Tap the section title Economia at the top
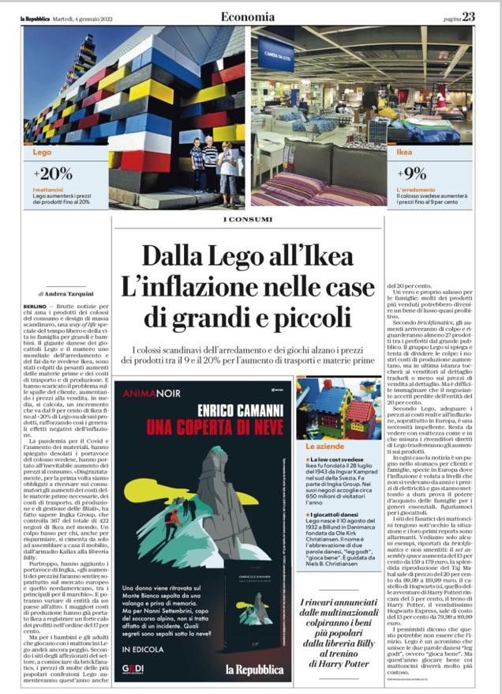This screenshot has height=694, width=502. [248, 16]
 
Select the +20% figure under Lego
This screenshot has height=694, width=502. [53, 173]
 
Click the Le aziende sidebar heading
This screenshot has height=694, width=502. [320, 448]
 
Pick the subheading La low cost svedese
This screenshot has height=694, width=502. [334, 460]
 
